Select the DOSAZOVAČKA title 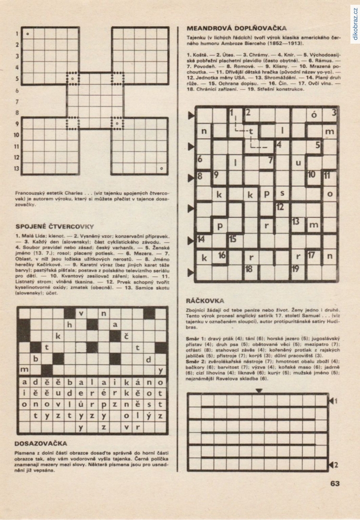(x=41, y=444)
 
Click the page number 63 (x=335, y=483)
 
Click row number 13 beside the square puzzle (x=17, y=168)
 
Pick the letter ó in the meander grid (x=314, y=115)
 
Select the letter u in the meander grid (x=298, y=162)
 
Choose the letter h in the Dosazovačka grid (x=69, y=325)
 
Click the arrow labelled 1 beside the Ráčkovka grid (x=333, y=400)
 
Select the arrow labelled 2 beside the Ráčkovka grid (x=333, y=464)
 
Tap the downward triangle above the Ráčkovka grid (x=259, y=391)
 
